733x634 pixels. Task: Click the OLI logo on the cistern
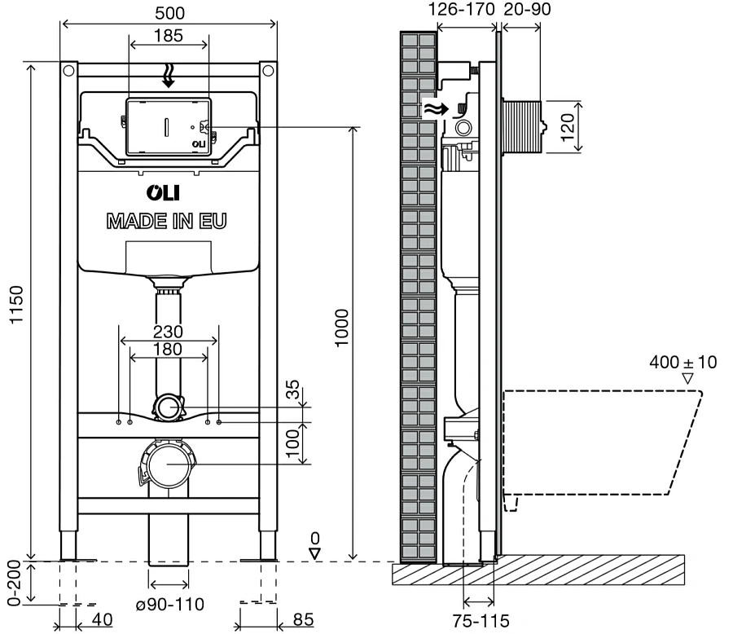(x=165, y=193)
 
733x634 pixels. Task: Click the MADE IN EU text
(x=167, y=220)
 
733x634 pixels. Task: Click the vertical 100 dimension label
(x=293, y=442)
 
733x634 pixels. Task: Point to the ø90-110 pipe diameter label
(x=169, y=604)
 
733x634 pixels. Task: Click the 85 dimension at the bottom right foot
(x=302, y=620)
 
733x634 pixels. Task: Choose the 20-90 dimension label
(x=526, y=11)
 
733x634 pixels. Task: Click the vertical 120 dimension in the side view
(x=568, y=126)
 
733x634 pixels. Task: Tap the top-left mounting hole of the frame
(x=68, y=72)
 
